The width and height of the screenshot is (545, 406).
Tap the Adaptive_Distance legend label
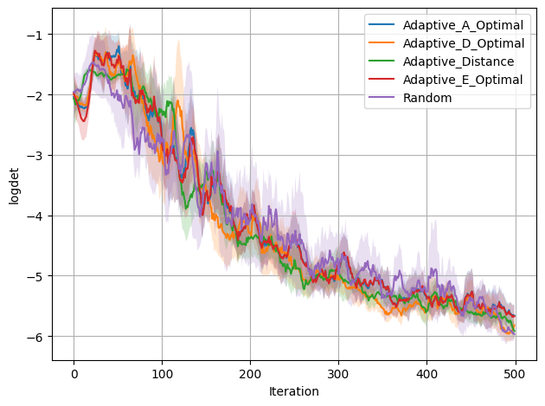458,61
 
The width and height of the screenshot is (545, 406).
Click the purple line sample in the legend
380,98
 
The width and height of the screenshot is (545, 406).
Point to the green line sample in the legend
380,61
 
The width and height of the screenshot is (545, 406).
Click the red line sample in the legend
380,80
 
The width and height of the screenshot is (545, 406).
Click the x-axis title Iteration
294,392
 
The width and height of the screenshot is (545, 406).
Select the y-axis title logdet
13,184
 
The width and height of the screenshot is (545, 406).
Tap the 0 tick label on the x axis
74,374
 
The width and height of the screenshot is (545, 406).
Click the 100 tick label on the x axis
162,374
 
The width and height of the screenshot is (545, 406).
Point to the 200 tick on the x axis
250,374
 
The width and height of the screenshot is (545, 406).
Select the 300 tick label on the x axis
338,374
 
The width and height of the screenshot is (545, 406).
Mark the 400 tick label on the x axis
426,374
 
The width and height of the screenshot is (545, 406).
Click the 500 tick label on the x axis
515,374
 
